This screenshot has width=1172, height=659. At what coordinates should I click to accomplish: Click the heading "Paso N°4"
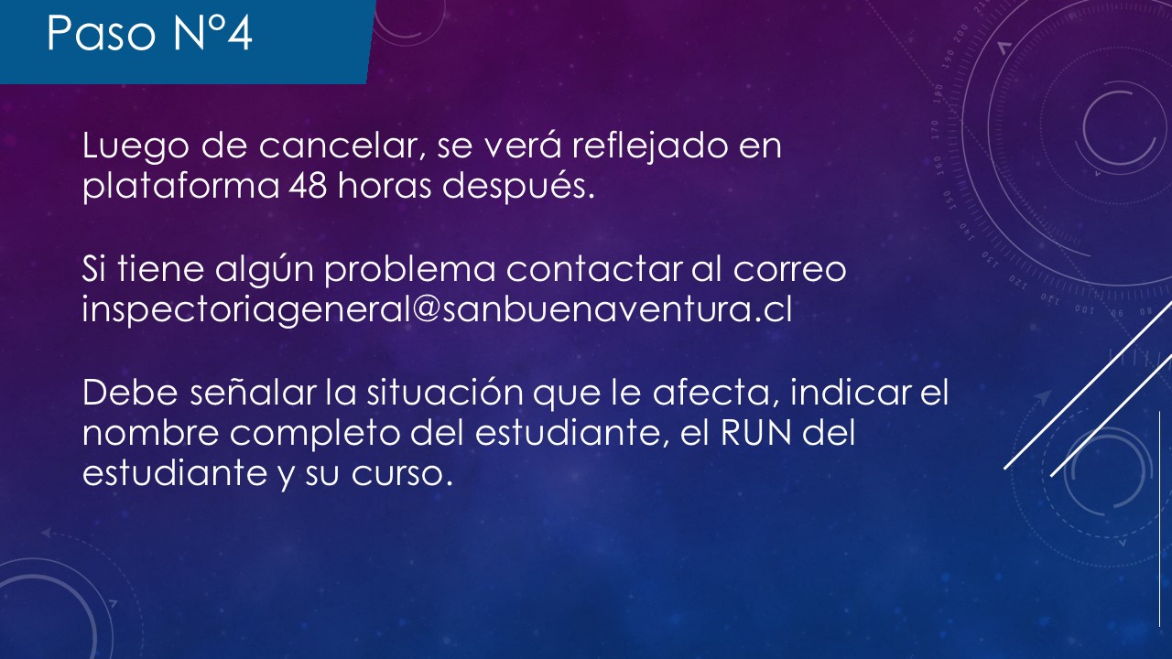pyautogui.click(x=149, y=33)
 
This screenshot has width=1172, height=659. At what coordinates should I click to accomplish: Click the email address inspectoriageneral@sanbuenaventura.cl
pyautogui.click(x=437, y=309)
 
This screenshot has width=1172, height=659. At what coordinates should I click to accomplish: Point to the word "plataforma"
pyautogui.click(x=181, y=186)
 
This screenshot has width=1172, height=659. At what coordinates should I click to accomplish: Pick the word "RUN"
pyautogui.click(x=755, y=433)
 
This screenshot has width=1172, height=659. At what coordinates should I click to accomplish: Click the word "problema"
pyautogui.click(x=409, y=269)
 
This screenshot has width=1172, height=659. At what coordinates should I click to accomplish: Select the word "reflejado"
pyautogui.click(x=650, y=147)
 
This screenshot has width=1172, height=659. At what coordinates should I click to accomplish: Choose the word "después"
pyautogui.click(x=518, y=186)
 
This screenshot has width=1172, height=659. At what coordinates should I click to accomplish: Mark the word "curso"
pyautogui.click(x=401, y=474)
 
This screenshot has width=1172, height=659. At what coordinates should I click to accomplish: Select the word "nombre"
pyautogui.click(x=151, y=433)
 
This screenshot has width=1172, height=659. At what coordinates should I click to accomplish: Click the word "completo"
pyautogui.click(x=315, y=435)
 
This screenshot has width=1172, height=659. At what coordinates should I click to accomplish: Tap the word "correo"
pyautogui.click(x=789, y=270)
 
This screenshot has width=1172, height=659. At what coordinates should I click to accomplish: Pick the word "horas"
pyautogui.click(x=385, y=185)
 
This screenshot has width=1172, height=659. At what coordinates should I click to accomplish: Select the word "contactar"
pyautogui.click(x=594, y=269)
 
